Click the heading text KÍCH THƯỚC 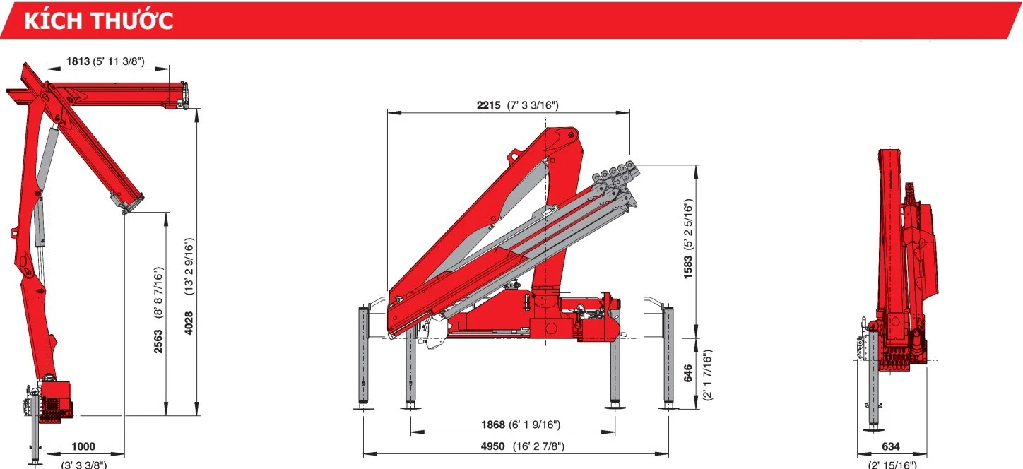(x=99, y=20)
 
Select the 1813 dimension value (x=78, y=61)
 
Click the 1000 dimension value (x=83, y=446)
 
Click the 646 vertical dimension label (x=688, y=374)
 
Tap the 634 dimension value (x=892, y=446)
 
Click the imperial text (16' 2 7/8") (x=538, y=446)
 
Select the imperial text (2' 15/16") (x=892, y=464)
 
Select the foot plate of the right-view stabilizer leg (x=874, y=427)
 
